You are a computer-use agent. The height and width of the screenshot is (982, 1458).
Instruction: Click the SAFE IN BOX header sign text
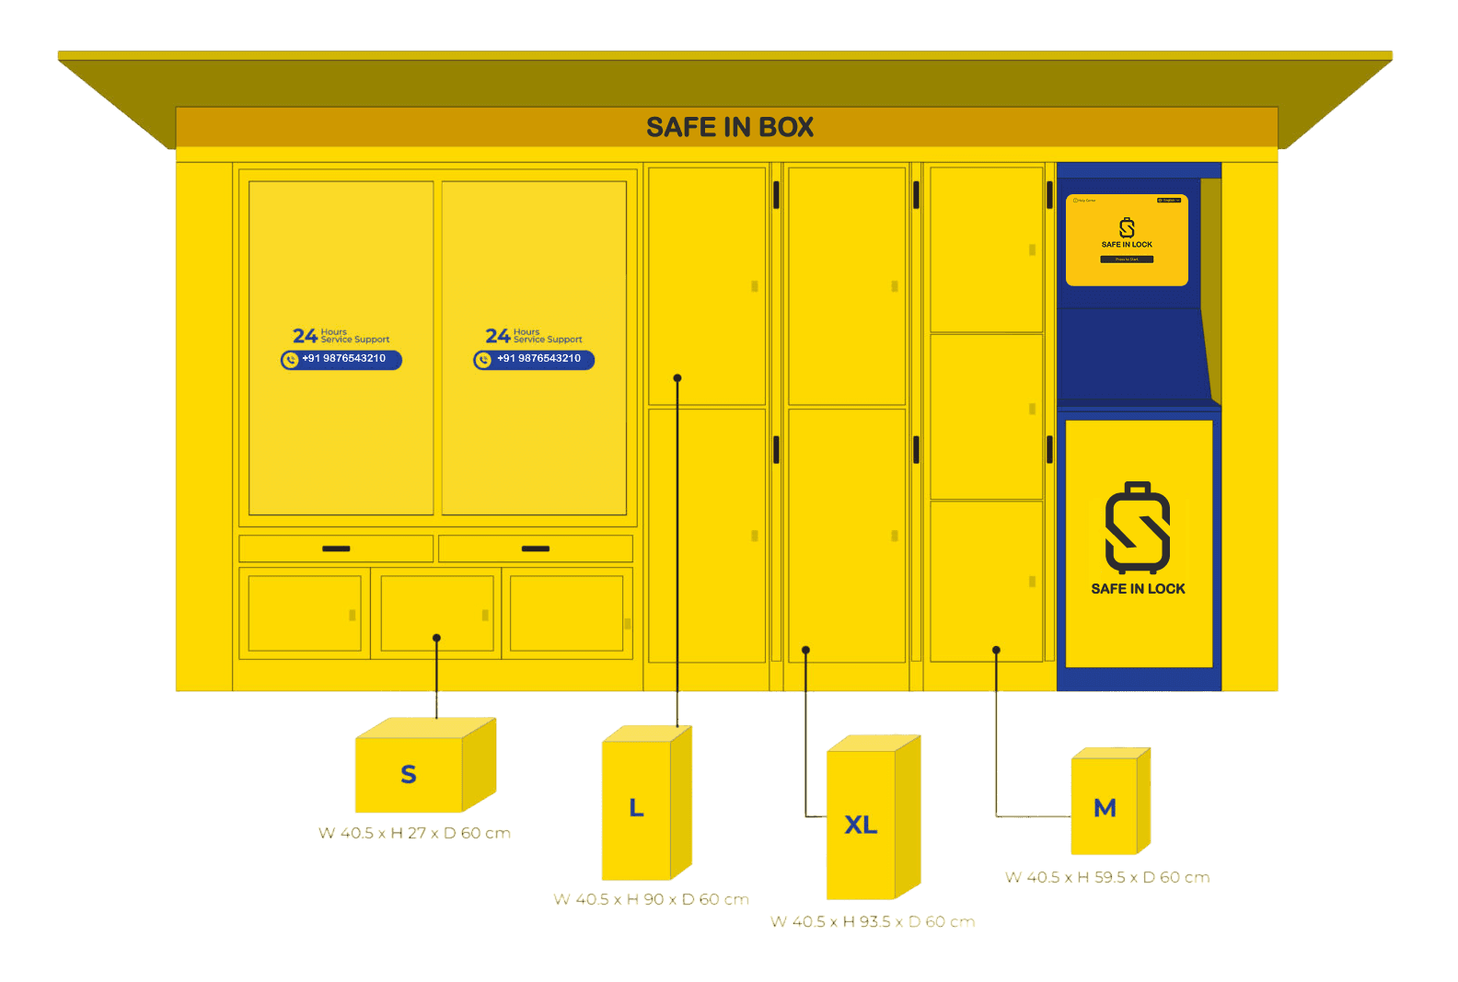tap(730, 127)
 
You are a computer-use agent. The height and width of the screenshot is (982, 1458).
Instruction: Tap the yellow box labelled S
tap(409, 774)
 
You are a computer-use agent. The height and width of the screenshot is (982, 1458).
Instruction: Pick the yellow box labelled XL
tap(861, 825)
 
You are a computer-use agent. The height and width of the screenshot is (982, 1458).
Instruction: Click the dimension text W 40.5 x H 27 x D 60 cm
tap(414, 833)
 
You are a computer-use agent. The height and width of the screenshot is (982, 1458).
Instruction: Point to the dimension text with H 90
tap(651, 899)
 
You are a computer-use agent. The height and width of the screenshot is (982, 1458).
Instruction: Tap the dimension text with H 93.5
tap(873, 921)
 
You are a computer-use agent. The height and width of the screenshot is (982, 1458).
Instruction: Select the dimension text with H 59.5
tap(1107, 877)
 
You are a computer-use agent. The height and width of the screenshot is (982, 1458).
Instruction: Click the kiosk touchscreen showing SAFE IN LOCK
tap(1127, 240)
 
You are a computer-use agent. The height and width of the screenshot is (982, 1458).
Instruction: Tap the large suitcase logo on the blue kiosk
tap(1138, 528)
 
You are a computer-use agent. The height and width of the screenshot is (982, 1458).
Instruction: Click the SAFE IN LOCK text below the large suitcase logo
tap(1138, 589)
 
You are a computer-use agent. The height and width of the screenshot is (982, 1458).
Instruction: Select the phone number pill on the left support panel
tap(341, 359)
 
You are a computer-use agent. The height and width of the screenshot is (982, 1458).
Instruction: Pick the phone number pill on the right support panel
tap(535, 359)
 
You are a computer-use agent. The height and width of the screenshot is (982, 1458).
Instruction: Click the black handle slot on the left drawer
tap(336, 549)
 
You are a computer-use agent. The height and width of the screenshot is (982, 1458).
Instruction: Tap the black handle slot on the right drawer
tap(536, 549)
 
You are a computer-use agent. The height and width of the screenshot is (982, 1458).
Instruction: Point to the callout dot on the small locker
tap(436, 638)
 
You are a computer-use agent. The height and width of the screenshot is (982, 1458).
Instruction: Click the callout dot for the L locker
tap(677, 378)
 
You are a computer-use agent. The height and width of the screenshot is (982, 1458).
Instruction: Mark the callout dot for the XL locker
tap(805, 650)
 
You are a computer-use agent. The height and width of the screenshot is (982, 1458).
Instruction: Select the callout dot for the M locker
tap(996, 650)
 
